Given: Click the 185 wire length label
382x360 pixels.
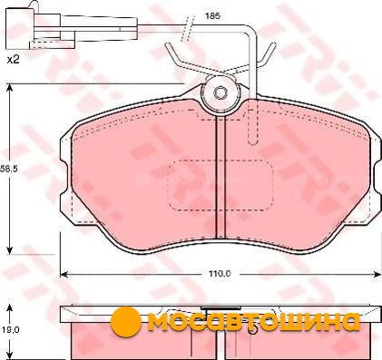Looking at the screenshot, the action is [212, 15].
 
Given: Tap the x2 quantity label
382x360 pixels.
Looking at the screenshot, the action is [13, 60].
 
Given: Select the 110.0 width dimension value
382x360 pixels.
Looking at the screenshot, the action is [220, 274].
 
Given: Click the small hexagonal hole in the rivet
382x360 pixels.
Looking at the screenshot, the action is [219, 92].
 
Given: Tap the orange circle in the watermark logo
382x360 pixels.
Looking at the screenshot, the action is [126, 322].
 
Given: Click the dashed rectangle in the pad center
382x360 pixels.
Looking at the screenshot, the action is [220, 185].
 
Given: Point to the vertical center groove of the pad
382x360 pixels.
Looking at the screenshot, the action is [220, 179].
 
